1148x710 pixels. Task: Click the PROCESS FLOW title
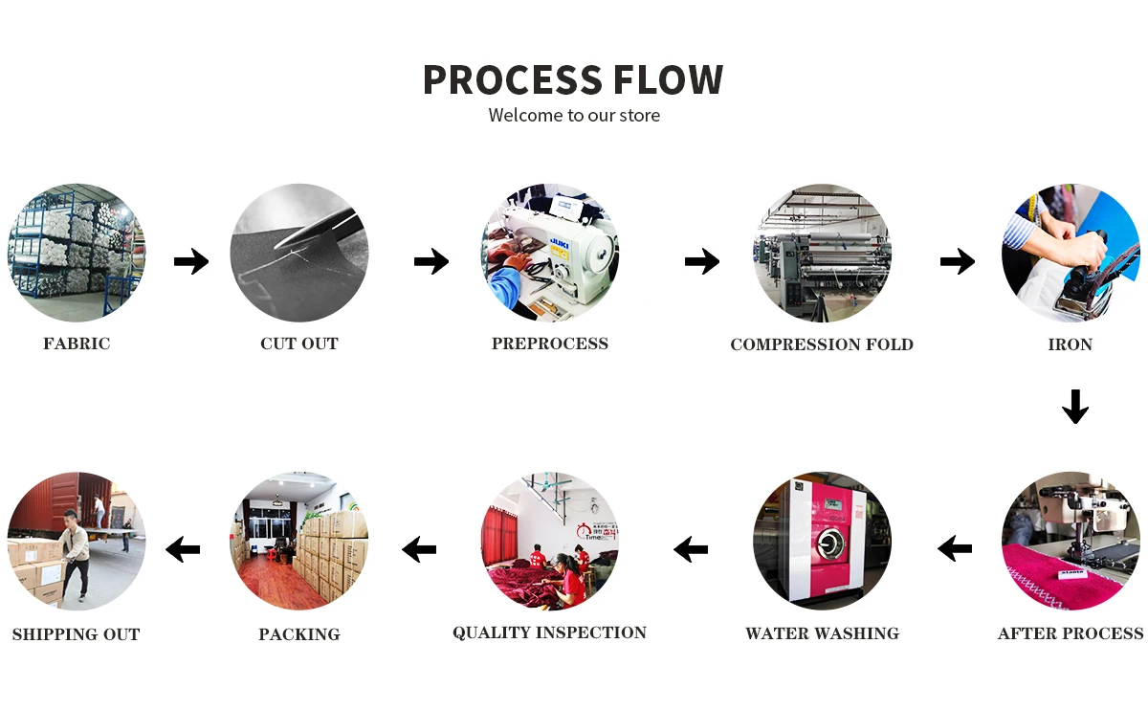tap(573, 79)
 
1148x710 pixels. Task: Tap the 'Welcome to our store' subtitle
tap(574, 116)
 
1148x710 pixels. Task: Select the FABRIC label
tap(77, 344)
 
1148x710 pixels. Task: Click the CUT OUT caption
tap(299, 344)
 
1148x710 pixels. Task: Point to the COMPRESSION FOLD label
tap(822, 344)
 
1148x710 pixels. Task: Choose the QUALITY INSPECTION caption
tap(549, 632)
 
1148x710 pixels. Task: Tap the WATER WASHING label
tap(822, 633)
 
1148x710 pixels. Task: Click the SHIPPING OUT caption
tap(76, 634)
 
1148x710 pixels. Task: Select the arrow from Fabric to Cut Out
tap(191, 260)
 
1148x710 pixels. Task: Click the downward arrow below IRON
tap(1075, 407)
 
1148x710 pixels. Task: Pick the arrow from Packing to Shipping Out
tap(183, 549)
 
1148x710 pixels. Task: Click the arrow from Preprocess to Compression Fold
tap(701, 260)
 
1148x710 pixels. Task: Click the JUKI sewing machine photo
tap(550, 254)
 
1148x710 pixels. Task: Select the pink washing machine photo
tap(822, 541)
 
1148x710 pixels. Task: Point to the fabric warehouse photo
tap(77, 254)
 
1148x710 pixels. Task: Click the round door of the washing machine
tap(828, 548)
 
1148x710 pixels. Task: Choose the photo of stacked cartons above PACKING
tap(299, 541)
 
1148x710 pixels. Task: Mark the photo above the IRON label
tap(1071, 254)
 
